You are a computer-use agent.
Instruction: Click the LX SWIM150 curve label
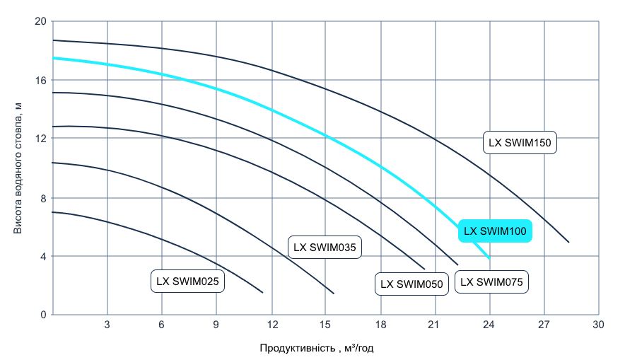coord(521,143)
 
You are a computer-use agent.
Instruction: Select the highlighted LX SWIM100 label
coord(494,231)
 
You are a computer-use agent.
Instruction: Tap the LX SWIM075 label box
coord(491,282)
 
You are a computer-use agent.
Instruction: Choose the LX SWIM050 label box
coord(411,284)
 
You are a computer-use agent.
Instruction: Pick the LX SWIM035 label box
coord(325,247)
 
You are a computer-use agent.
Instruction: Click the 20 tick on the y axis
coord(40,21)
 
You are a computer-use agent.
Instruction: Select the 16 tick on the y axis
coord(40,80)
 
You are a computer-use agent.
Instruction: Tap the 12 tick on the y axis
coord(40,139)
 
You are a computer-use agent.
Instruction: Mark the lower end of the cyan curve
coord(489,258)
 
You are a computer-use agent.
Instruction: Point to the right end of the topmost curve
coord(568,242)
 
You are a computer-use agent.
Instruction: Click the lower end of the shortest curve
coord(262,292)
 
